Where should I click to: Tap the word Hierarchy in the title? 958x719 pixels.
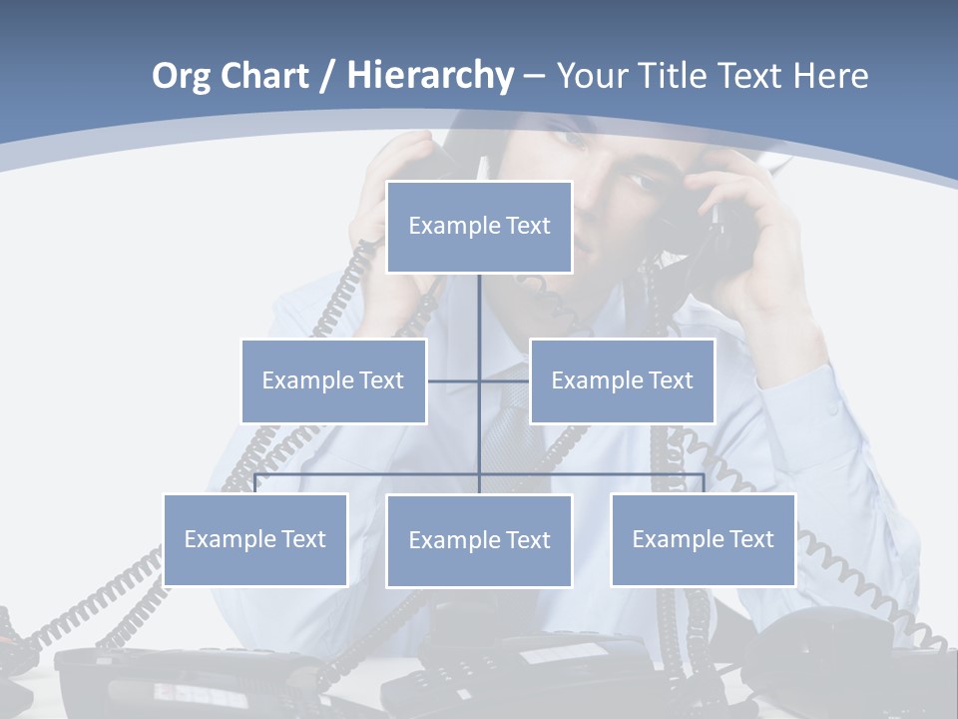coord(429,76)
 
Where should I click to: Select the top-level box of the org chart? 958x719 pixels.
coord(479,227)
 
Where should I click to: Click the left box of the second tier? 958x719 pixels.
coord(333,380)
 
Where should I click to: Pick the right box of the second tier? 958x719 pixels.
coord(622,380)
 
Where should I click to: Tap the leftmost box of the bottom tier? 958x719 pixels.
coord(254,539)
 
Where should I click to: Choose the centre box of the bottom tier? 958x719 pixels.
coord(479,540)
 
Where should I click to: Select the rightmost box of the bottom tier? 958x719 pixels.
coord(703,539)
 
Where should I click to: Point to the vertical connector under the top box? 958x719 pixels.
coord(479,310)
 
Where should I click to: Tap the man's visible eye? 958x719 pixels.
coord(635,184)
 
